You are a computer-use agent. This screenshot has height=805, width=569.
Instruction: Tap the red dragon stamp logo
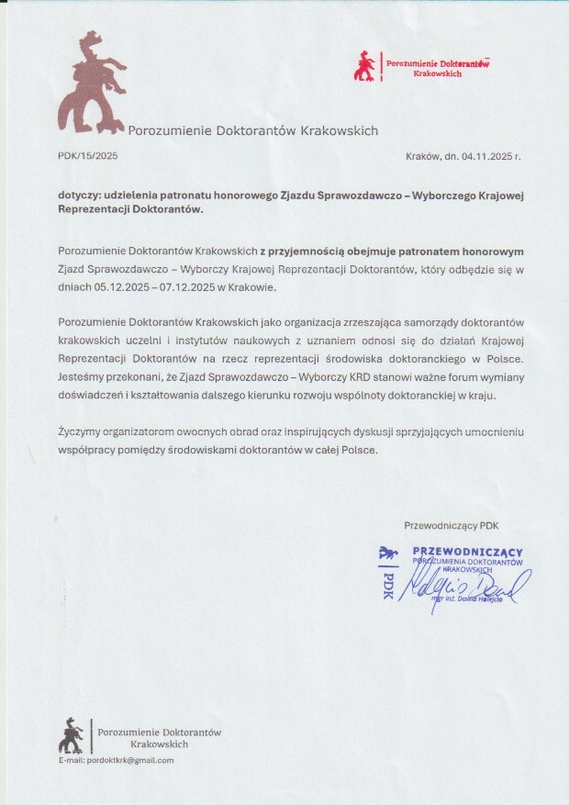(364, 66)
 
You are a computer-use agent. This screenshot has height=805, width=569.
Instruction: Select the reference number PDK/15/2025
(87, 156)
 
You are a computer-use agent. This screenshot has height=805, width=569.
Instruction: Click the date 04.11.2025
(485, 156)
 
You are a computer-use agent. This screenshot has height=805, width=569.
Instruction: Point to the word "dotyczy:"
(79, 196)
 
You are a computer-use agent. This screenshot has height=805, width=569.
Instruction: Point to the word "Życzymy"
(81, 432)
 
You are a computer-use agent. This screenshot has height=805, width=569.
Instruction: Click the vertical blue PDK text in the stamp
(387, 581)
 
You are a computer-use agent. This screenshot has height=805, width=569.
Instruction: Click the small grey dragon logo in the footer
(71, 735)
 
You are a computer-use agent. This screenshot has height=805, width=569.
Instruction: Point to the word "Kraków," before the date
(423, 156)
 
